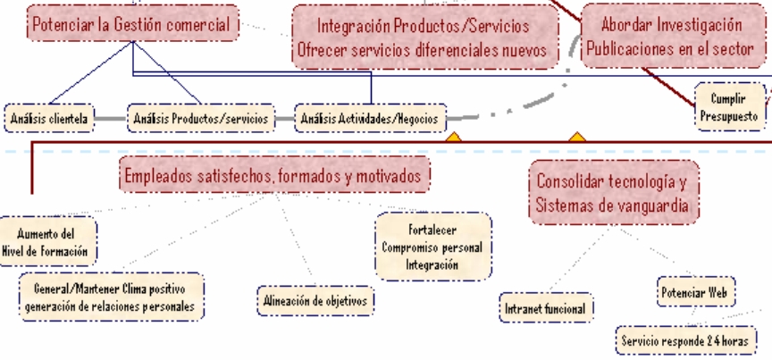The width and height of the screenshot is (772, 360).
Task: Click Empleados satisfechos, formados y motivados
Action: click(x=273, y=175)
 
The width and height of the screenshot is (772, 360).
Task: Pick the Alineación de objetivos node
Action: click(x=314, y=300)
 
